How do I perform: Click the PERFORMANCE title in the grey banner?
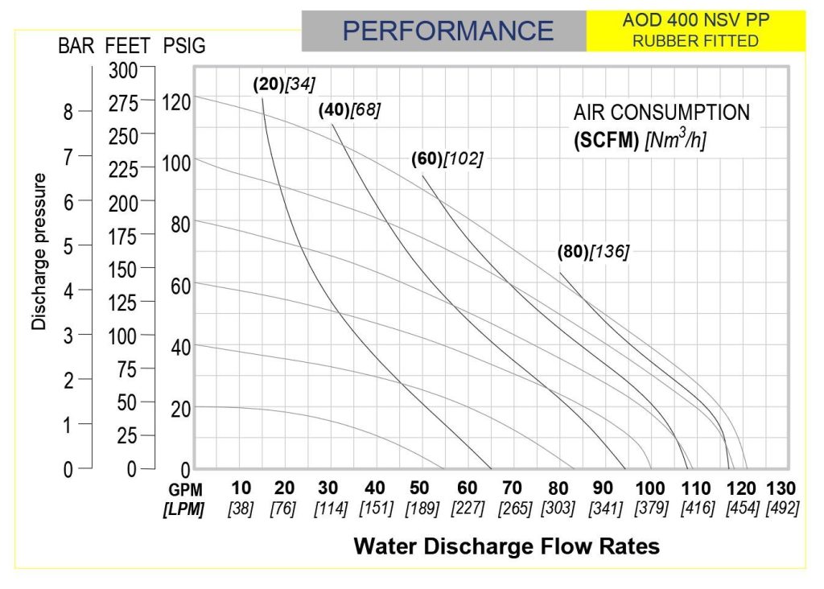coord(447,31)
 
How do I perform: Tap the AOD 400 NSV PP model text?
coord(696,20)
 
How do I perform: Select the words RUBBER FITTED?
coord(695,41)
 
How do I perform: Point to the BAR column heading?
coord(76,46)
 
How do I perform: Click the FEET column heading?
coord(128,46)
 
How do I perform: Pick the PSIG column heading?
coord(184,46)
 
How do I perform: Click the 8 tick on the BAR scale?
coord(68,112)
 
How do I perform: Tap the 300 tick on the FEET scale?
coord(123,71)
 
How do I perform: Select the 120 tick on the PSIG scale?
coord(176,102)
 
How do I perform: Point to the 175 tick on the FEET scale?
coord(122,237)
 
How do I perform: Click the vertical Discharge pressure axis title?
coord(39,252)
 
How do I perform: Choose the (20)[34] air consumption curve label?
coord(284,84)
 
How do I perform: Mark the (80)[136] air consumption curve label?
coord(593,252)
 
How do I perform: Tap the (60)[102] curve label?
coord(447,159)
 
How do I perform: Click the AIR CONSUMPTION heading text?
coord(661,113)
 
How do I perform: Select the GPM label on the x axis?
coord(185,490)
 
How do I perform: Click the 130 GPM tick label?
coord(781,488)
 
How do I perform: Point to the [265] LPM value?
coord(515,508)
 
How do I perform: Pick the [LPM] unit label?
coord(183,509)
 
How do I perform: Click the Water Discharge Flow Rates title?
coord(507,546)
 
